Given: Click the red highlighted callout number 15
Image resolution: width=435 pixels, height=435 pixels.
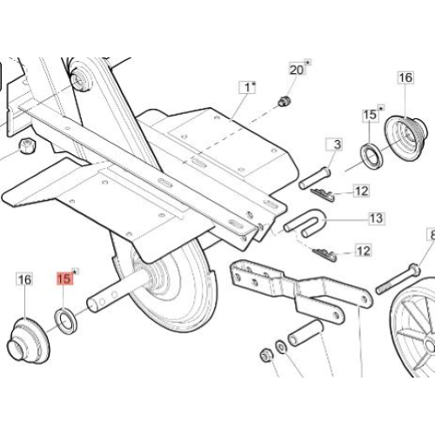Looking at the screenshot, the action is (64, 278).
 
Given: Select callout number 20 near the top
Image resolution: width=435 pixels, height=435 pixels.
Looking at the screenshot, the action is (297, 70).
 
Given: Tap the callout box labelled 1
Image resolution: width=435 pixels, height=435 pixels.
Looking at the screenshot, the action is (247, 87).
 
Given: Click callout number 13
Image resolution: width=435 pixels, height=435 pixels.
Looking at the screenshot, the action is (376, 218).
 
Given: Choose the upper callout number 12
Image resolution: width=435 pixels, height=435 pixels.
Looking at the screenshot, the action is (361, 191).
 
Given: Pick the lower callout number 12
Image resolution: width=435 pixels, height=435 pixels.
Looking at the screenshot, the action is (363, 251).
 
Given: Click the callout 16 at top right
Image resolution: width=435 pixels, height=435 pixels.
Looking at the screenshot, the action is (405, 77).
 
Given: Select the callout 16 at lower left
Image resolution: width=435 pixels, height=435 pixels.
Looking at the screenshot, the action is (24, 279).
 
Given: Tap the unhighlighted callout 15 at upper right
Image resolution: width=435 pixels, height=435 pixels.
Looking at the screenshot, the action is (370, 115).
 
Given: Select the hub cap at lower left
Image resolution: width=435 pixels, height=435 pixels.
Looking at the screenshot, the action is (28, 341).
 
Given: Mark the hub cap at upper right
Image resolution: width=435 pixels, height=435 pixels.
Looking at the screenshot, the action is (405, 137).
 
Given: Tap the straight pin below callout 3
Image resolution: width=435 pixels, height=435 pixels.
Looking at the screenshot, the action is (315, 177).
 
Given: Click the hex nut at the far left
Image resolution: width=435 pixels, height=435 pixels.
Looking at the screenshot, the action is (27, 146).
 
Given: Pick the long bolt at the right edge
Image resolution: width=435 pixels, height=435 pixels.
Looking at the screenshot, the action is (398, 278).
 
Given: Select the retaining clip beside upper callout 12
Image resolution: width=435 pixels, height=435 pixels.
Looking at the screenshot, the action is (323, 195).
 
